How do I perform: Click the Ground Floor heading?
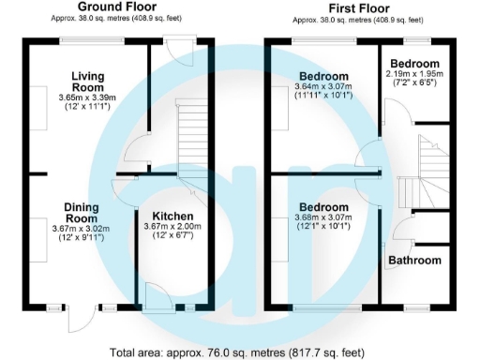coord(117,7)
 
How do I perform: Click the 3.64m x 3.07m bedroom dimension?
coord(324,86)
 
